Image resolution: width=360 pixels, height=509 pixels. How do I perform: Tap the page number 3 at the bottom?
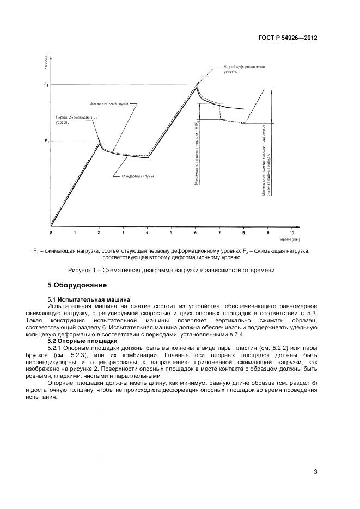[x=315, y=471]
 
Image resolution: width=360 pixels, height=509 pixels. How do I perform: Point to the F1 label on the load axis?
[x=46, y=142]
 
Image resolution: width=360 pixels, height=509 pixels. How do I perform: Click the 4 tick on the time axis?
[x=148, y=232]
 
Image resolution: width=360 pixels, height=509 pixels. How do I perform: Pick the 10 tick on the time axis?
[x=292, y=232]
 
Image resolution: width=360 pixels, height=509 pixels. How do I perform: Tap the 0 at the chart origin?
[x=51, y=232]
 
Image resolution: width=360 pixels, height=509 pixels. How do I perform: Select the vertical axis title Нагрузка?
[x=45, y=62]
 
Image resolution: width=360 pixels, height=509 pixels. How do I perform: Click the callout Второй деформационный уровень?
[x=245, y=69]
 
